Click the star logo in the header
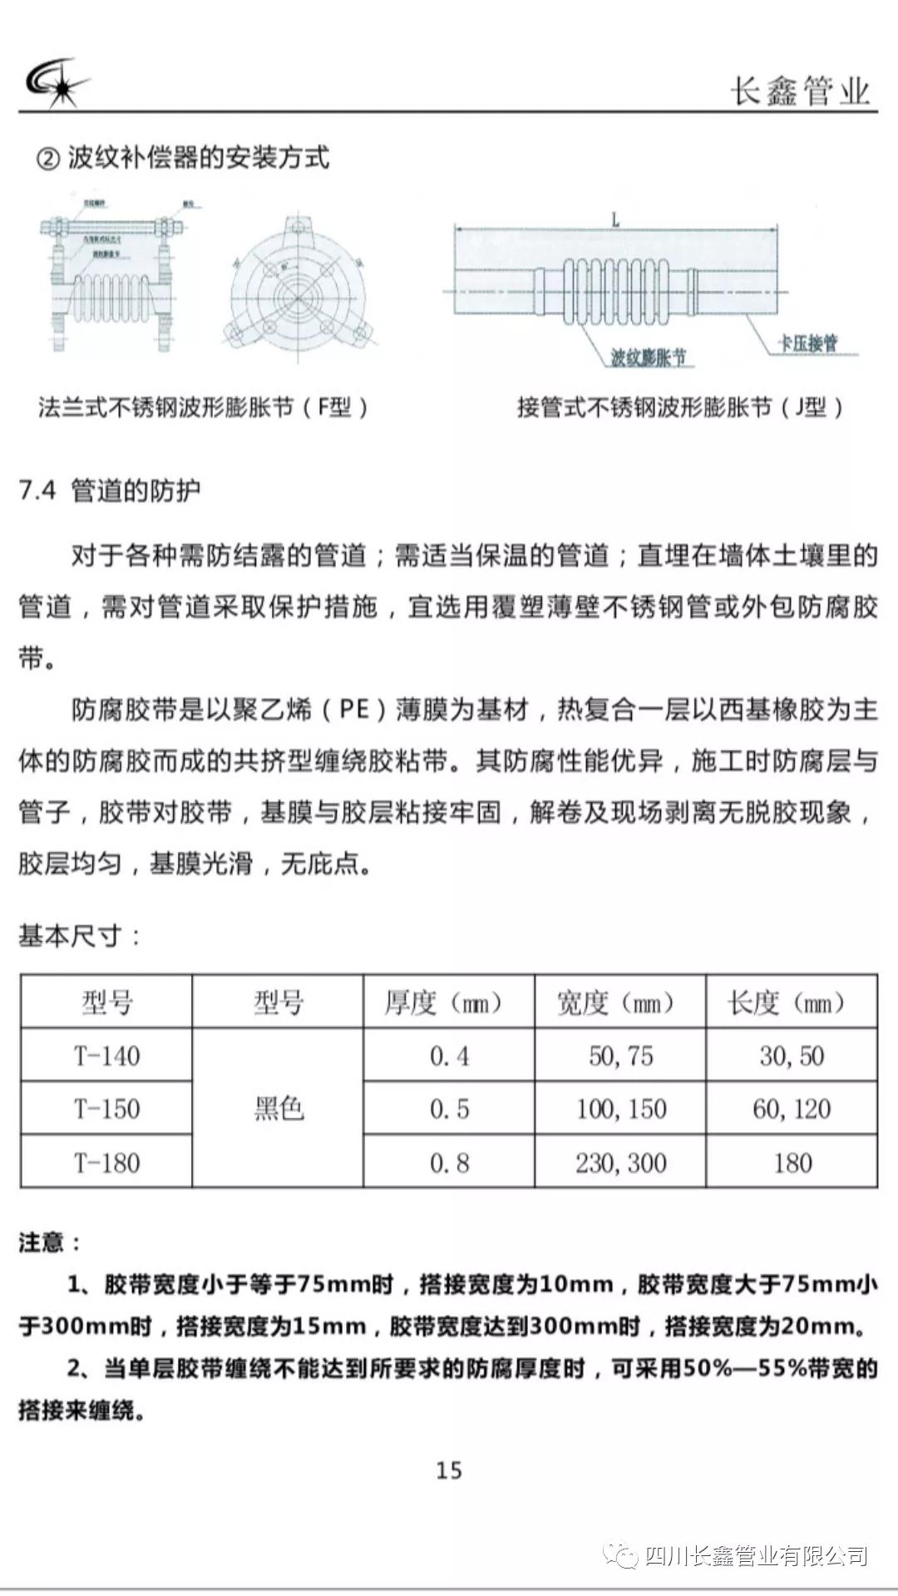click(57, 83)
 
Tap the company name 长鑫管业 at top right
click(800, 91)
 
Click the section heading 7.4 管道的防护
click(110, 490)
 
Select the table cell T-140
click(106, 1056)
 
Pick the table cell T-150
click(106, 1109)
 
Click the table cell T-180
click(106, 1162)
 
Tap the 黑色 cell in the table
click(279, 1109)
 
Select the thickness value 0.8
click(449, 1162)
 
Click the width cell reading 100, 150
click(621, 1109)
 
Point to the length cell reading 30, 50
click(792, 1056)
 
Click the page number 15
click(449, 1470)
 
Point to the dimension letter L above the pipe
click(615, 220)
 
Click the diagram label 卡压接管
click(807, 342)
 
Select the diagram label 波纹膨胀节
click(649, 358)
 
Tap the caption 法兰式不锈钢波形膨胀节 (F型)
click(204, 407)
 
